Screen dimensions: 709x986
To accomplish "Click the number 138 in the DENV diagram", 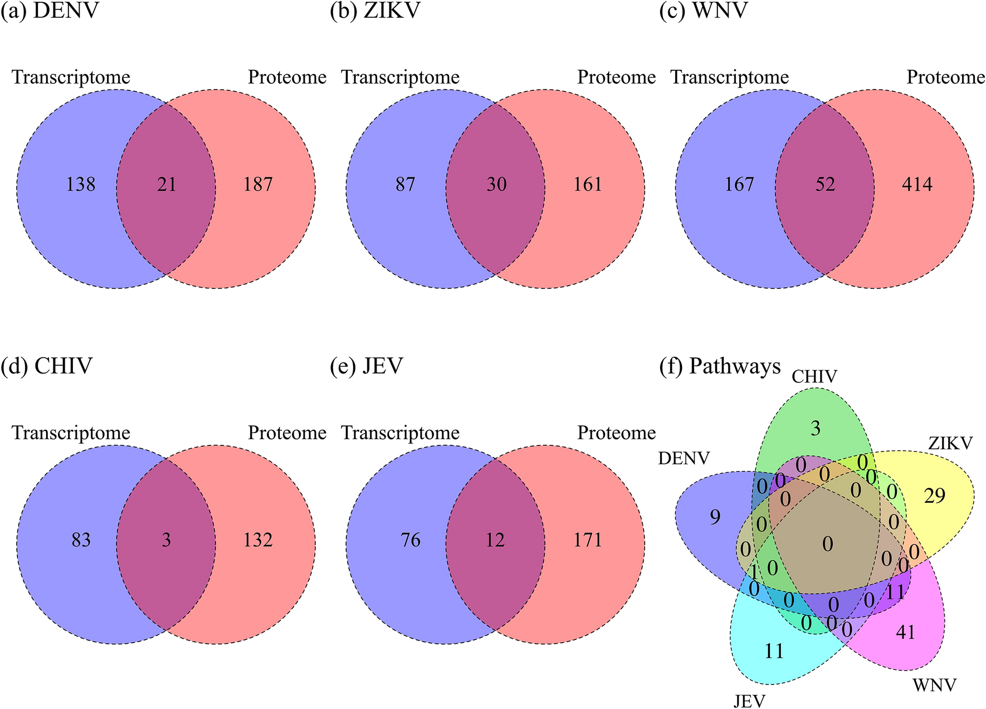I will coord(81,184).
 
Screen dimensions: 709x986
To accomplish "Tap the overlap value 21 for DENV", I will coord(167,184).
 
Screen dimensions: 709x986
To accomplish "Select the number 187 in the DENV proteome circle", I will coord(258,184).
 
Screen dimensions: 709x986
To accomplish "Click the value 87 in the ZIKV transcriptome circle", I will coord(406,184).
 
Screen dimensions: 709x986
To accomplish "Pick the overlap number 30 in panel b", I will coord(496,184).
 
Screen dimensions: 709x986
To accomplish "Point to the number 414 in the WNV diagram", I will coord(917,184).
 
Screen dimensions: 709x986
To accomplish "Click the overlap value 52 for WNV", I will coord(825,184).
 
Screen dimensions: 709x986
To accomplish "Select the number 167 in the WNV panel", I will coord(739,184).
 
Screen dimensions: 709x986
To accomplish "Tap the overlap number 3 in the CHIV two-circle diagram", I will coord(167,540).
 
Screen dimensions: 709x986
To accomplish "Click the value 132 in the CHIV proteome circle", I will coord(258,540).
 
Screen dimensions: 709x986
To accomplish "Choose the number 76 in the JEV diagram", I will coord(411,540).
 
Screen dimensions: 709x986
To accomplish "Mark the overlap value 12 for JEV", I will coord(495,540).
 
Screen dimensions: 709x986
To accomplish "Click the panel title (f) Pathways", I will coord(720,366).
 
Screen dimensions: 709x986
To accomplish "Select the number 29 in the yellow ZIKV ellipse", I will coord(935,496).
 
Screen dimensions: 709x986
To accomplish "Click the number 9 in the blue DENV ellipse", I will coord(715,517).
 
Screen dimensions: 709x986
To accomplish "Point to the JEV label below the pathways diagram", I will coord(749,701).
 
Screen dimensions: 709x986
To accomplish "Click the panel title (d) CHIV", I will coord(47,366).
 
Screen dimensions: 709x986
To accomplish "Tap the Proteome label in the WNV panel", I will coord(946,77).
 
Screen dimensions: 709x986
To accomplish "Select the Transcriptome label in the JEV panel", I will coord(401,433).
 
